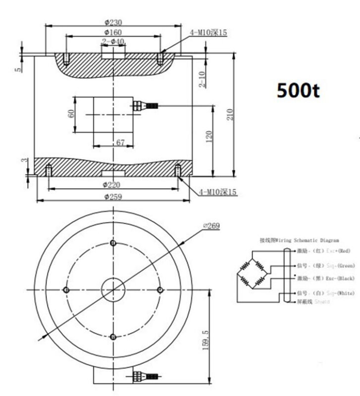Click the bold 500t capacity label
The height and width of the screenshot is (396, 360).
point(299,91)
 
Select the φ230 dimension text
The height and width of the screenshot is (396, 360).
point(113,22)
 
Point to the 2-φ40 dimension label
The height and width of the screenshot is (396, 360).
point(112,42)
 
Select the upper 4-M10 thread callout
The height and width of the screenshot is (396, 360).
point(208,33)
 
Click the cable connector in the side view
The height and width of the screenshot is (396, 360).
point(146,105)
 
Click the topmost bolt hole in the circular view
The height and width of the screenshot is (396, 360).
point(113,243)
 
